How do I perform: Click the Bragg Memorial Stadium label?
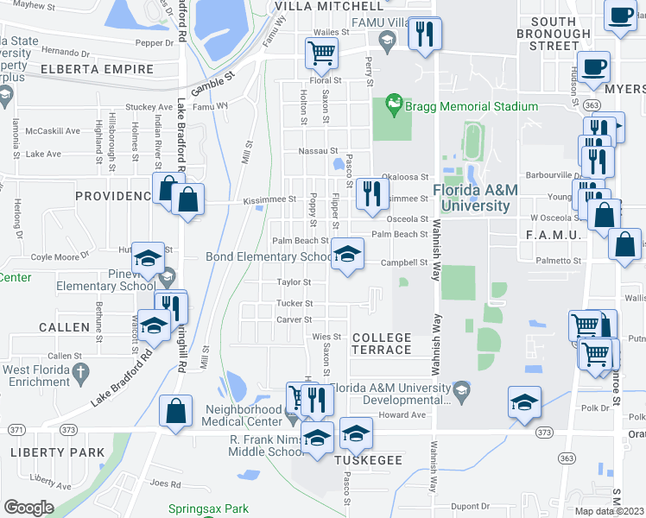tap(472, 107)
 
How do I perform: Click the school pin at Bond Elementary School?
tap(347, 255)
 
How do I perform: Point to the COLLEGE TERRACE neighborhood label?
tap(382, 343)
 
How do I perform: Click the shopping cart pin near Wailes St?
tap(321, 54)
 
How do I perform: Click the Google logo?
tap(28, 508)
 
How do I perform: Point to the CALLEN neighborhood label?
tap(64, 327)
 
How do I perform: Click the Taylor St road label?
tap(294, 282)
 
